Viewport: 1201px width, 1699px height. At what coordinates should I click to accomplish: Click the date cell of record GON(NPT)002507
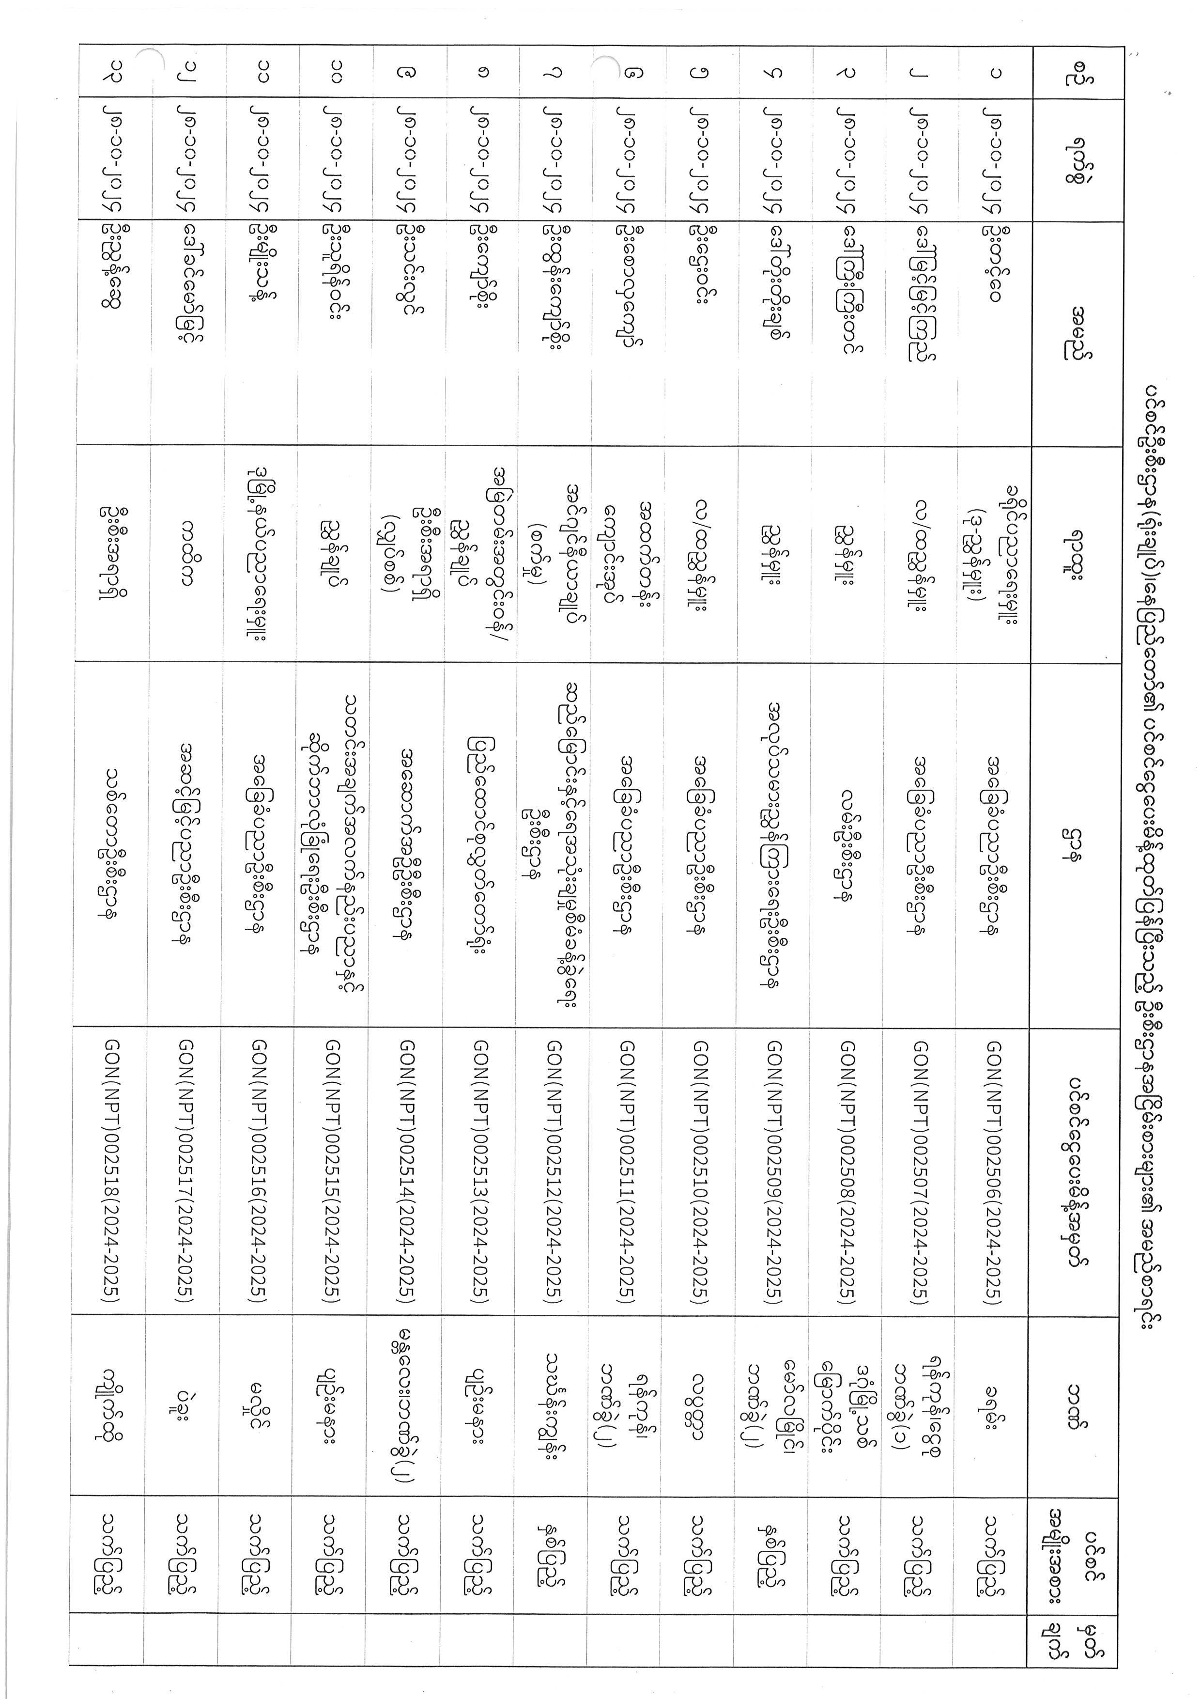click(922, 158)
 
